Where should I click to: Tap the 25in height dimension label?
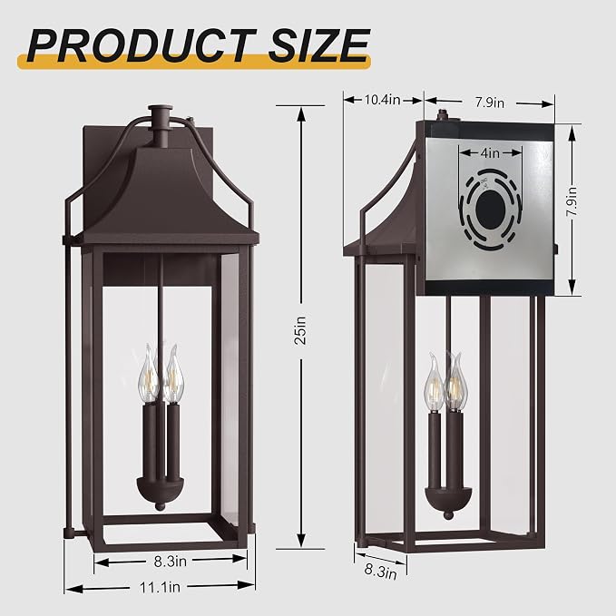click(300, 330)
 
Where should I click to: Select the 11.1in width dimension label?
click(160, 587)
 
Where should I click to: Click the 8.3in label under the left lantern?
click(171, 562)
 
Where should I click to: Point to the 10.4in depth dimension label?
click(382, 100)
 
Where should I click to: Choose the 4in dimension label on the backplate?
click(490, 152)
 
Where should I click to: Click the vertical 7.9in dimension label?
click(571, 201)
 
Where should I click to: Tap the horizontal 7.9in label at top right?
click(490, 103)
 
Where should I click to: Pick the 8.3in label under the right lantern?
click(380, 572)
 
